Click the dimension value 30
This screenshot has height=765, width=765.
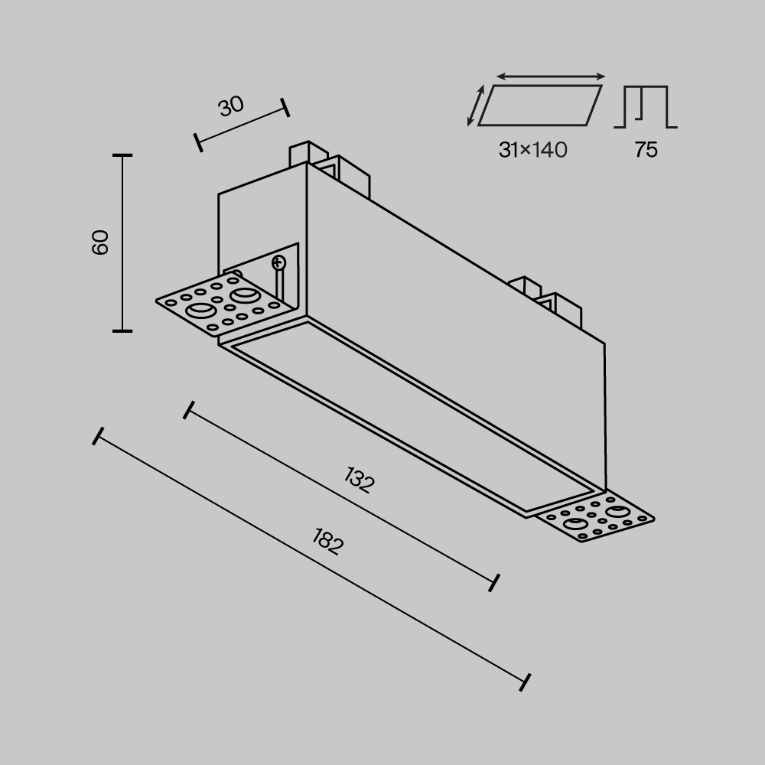point(231,106)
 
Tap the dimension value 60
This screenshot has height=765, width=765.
point(101,243)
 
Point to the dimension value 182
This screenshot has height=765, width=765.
point(328,542)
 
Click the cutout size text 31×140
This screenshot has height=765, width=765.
point(532,150)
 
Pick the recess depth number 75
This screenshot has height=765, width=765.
point(646,150)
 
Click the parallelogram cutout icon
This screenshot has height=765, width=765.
point(540,105)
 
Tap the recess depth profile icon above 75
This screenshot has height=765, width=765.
point(646,106)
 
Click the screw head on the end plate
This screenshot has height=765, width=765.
point(278,263)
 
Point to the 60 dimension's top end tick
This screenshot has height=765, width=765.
point(122,155)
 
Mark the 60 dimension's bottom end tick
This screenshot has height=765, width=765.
point(122,330)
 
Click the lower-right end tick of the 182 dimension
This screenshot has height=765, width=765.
point(525,682)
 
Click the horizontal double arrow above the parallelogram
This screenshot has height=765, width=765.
point(551,76)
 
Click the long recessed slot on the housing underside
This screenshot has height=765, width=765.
point(413,417)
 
